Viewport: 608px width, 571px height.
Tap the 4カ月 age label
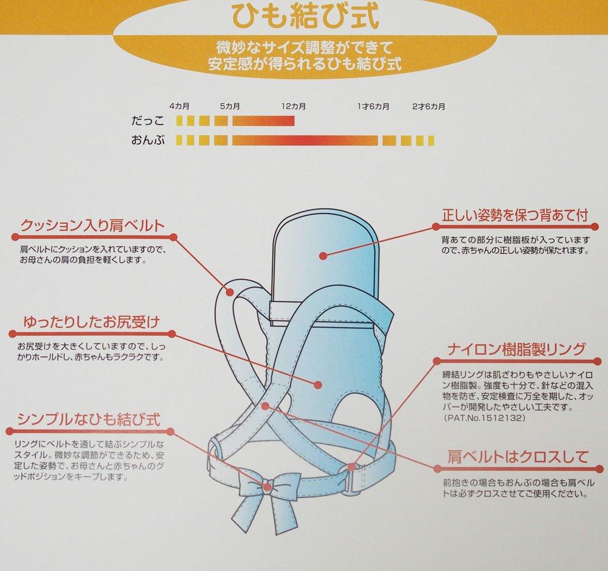tap(179, 106)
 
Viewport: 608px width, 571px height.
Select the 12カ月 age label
tap(294, 106)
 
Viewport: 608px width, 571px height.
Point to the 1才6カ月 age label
tap(373, 106)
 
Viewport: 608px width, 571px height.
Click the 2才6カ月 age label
tap(428, 106)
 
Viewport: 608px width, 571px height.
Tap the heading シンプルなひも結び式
tap(90, 420)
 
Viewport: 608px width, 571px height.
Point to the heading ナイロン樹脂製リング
tap(517, 349)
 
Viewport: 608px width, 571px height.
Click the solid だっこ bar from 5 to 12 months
tap(263, 121)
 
